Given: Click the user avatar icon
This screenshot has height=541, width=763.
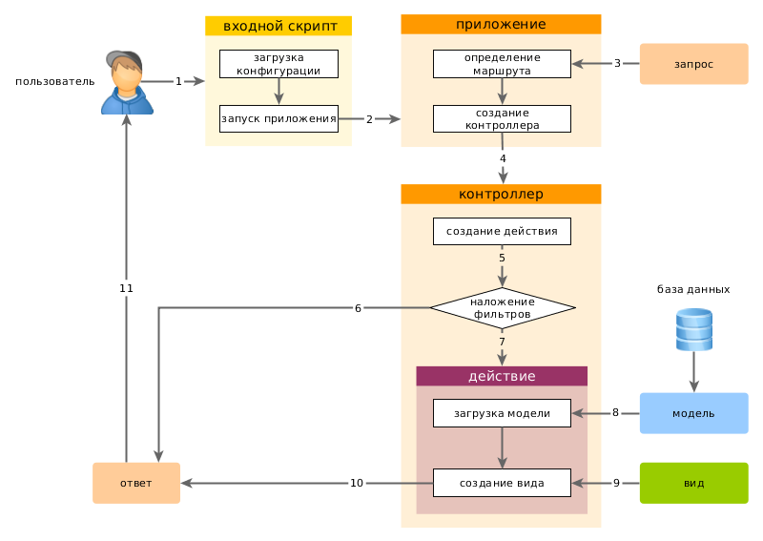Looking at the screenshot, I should [126, 82].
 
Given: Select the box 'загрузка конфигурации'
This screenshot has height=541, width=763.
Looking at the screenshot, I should [278, 64].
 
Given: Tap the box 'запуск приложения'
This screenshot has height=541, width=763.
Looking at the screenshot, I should [278, 119].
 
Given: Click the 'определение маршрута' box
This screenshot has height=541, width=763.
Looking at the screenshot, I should [502, 64].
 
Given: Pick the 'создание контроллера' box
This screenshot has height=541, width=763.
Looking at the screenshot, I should [502, 118].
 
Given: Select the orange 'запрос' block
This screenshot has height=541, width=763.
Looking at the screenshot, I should [693, 64].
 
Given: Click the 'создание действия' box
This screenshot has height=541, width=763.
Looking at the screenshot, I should [502, 231].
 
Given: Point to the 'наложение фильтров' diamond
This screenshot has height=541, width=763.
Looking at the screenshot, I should [502, 308].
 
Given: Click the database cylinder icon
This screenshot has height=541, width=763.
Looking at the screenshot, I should [693, 330].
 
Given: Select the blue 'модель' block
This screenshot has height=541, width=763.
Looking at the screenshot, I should [693, 413].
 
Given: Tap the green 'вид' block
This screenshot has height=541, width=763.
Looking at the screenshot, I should [693, 483].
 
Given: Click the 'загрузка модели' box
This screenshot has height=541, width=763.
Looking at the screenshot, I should [502, 413].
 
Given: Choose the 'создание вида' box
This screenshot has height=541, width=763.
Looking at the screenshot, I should [502, 483].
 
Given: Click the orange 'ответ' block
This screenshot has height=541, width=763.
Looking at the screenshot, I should [135, 483].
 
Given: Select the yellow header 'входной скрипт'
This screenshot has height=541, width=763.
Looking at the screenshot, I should [278, 26].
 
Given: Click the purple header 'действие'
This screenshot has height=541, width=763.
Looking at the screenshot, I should [502, 376].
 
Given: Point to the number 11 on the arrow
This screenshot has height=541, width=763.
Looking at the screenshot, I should [126, 287].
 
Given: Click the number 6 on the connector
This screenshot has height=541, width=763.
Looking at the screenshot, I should [358, 308].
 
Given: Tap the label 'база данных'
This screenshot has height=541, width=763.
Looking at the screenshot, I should [693, 289].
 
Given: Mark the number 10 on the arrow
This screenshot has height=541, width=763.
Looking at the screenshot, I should [357, 483].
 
